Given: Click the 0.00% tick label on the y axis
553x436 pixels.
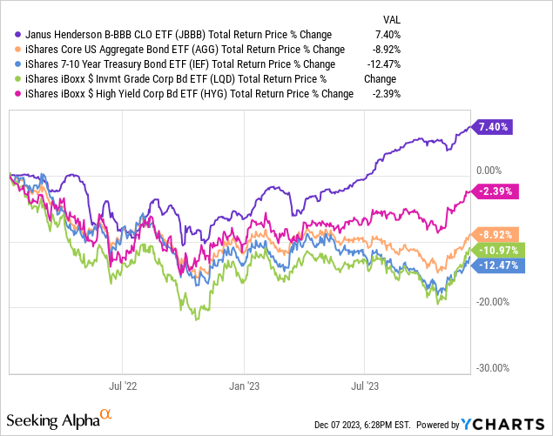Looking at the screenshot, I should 492,171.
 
